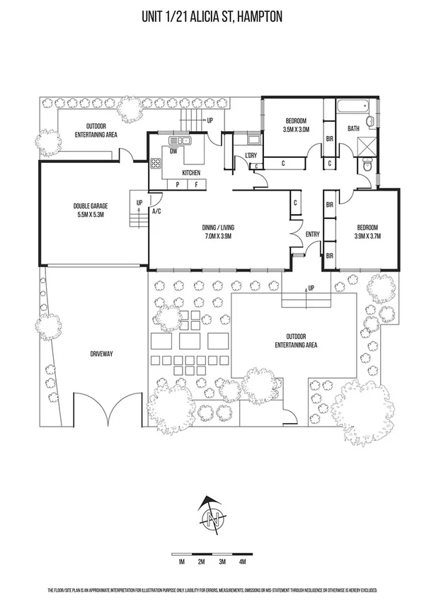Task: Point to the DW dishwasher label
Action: point(174,150)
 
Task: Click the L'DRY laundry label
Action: point(251,155)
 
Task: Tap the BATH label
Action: point(353,128)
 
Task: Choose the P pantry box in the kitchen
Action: point(176,185)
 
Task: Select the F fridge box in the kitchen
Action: point(196,185)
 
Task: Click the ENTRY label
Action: point(312,235)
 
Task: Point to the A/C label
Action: point(156,210)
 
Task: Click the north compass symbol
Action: point(212,515)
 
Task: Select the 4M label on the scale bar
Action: point(242,561)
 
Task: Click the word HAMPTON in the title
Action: point(257,16)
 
